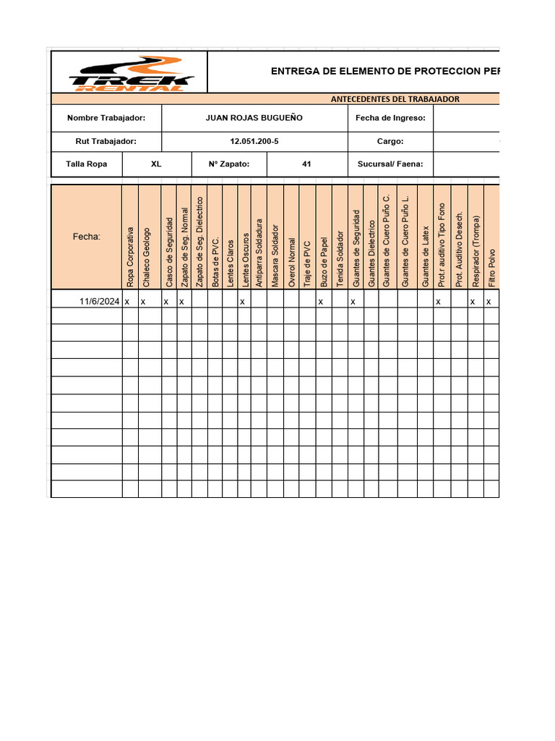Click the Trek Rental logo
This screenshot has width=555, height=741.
click(x=131, y=73)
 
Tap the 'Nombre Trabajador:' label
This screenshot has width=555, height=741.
click(x=106, y=118)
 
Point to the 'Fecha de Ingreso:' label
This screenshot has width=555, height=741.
click(x=390, y=118)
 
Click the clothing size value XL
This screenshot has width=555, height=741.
click(x=156, y=164)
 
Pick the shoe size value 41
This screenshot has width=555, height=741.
click(x=306, y=164)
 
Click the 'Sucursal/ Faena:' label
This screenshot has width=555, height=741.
click(x=390, y=164)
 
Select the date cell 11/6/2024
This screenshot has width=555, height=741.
click(x=100, y=301)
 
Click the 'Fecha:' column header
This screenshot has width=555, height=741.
click(x=87, y=236)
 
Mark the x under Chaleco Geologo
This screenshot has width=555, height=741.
click(x=142, y=302)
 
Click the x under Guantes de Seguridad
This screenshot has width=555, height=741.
click(x=353, y=302)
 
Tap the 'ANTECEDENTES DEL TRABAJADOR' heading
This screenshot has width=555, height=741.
click(x=395, y=99)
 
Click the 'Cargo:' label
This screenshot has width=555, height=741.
click(x=390, y=142)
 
